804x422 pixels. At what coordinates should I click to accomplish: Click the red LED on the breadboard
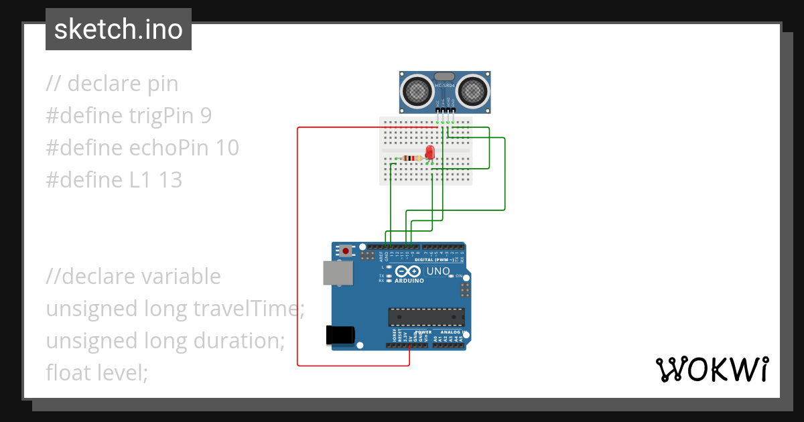pyautogui.click(x=429, y=153)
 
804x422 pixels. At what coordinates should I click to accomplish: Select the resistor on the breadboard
pyautogui.click(x=410, y=158)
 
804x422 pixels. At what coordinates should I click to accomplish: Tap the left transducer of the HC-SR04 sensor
pyautogui.click(x=417, y=90)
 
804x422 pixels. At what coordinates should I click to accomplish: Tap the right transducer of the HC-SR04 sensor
pyautogui.click(x=474, y=90)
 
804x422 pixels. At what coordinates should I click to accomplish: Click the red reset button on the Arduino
pyautogui.click(x=346, y=251)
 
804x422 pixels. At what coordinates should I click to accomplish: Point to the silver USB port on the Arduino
pyautogui.click(x=338, y=273)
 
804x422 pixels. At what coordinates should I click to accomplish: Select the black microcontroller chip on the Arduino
pyautogui.click(x=426, y=317)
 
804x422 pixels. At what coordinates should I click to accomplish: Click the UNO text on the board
pyautogui.click(x=438, y=271)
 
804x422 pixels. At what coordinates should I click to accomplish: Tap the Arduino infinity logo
pyautogui.click(x=408, y=271)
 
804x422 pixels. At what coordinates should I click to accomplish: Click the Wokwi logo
pyautogui.click(x=712, y=369)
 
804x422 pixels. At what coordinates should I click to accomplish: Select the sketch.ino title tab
pyautogui.click(x=119, y=29)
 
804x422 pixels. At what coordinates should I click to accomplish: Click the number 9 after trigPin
pyautogui.click(x=206, y=116)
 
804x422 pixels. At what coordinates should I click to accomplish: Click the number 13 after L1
pyautogui.click(x=170, y=180)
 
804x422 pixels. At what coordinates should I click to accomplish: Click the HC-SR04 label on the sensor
pyautogui.click(x=446, y=86)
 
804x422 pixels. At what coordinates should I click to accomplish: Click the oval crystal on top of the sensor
pyautogui.click(x=445, y=76)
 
